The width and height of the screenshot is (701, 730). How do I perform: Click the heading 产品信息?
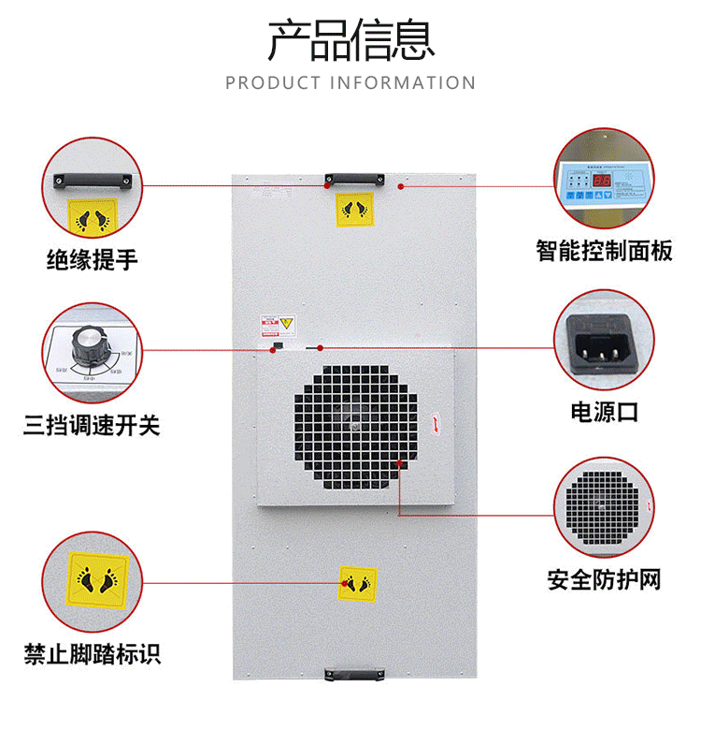(x=350, y=39)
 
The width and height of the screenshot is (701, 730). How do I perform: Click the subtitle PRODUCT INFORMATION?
(x=350, y=83)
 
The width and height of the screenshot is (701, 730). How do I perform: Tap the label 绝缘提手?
(x=93, y=258)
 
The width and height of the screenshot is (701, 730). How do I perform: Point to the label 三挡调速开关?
(x=93, y=427)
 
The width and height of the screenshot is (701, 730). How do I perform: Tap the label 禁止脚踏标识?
(x=93, y=652)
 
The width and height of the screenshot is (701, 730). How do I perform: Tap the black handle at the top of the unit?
(x=353, y=177)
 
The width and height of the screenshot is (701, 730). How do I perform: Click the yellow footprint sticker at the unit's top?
(x=354, y=211)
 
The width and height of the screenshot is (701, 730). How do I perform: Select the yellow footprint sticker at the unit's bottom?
(x=357, y=584)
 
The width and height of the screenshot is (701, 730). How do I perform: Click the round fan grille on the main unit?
(x=355, y=425)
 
